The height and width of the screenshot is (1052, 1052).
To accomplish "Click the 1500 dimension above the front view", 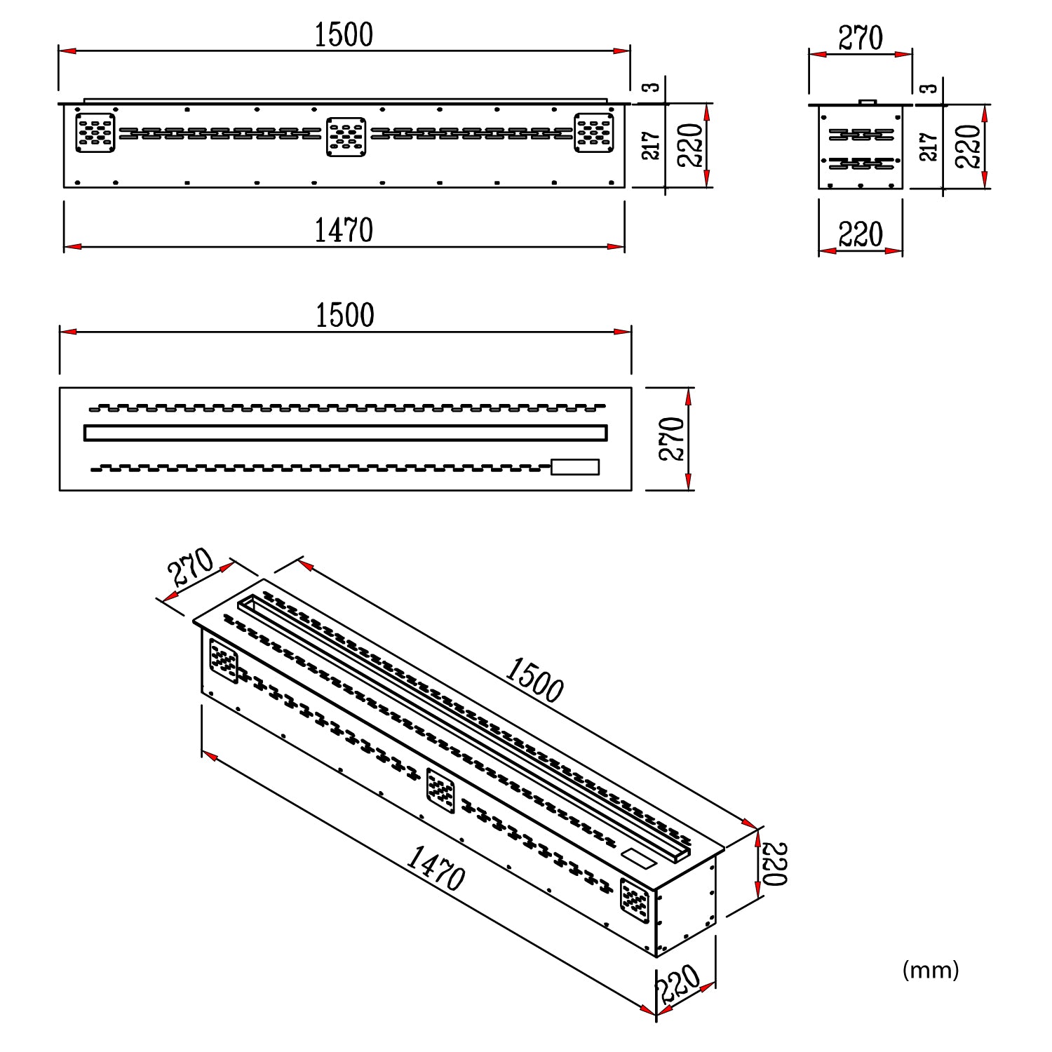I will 343,35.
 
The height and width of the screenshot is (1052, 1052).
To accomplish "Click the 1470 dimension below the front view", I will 343,231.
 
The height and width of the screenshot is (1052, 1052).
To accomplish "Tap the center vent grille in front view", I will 346,136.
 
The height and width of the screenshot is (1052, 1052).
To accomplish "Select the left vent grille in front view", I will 95,133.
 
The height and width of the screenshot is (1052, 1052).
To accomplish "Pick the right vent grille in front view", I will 594,133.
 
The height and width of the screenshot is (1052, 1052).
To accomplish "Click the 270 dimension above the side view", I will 861,39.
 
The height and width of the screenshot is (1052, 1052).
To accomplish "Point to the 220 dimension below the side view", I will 861,234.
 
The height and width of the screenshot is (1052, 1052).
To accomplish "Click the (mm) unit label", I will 930,970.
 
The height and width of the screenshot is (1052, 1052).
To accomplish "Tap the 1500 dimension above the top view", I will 344,316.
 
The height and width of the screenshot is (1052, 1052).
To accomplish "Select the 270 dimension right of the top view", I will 672,439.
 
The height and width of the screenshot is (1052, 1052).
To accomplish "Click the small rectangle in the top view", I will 575,467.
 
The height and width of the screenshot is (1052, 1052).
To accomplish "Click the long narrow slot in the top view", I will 345,433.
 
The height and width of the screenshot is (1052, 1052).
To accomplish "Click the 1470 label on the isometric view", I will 436,868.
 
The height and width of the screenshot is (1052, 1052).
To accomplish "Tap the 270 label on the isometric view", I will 191,567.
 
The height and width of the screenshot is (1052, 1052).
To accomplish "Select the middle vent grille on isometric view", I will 440,790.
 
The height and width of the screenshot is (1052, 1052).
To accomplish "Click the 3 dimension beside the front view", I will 652,87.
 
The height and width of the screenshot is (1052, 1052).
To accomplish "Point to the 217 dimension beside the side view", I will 928,147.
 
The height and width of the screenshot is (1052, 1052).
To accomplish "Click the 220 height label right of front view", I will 691,145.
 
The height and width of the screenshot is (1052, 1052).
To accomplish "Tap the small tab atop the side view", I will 868,102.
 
